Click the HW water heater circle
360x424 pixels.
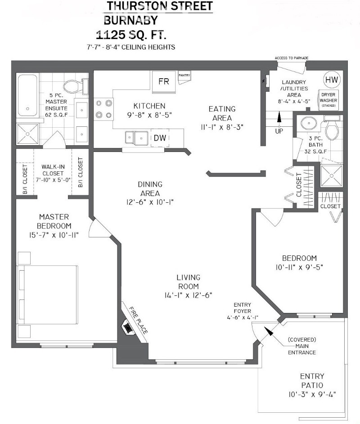[332, 80]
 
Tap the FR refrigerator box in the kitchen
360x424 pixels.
[163, 82]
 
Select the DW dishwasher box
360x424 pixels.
[160, 138]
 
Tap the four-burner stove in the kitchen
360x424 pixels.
[103, 108]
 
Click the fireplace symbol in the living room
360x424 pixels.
[129, 327]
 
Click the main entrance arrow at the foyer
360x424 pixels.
[269, 332]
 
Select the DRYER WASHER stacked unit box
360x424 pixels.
[328, 100]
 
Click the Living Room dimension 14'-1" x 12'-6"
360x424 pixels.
[188, 295]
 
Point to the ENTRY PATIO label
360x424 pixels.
[312, 381]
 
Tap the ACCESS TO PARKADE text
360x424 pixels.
[291, 58]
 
